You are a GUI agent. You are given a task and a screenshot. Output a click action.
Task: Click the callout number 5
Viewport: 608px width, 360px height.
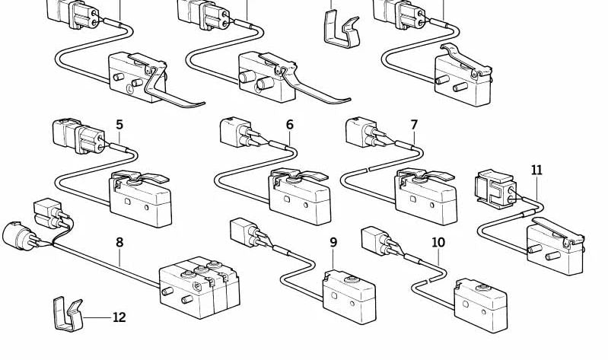coord(119,124)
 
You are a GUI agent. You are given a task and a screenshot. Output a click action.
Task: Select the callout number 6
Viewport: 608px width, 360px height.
coord(289,125)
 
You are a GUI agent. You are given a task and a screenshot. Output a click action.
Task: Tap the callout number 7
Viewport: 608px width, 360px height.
coord(414,124)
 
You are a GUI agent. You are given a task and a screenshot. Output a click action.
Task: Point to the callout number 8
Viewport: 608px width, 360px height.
coord(119,243)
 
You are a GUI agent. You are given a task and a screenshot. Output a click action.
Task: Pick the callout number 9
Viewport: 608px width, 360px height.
coord(333,243)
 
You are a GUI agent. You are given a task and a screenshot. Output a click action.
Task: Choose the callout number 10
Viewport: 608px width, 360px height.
coord(438,243)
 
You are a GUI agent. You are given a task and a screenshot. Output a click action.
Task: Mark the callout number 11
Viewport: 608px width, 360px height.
coord(537,170)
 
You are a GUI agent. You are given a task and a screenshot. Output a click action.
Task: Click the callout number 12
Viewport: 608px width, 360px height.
coord(119,317)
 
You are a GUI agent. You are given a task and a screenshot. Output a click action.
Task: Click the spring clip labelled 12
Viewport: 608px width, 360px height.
coord(66,315)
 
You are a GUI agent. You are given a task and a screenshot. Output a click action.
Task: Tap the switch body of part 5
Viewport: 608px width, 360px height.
coord(141,199)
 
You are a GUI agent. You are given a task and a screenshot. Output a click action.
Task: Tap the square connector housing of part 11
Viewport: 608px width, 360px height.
coord(494,186)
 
